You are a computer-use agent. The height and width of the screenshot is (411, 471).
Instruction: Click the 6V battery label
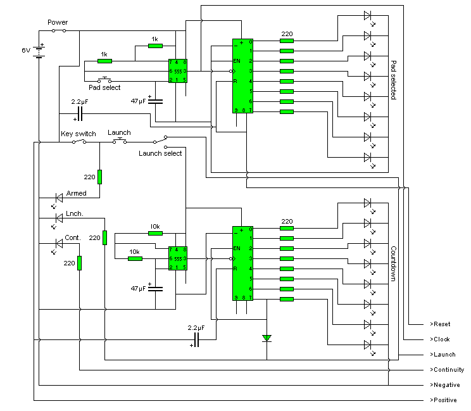coord(26,49)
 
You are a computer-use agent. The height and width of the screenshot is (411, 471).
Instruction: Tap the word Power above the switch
coord(58,22)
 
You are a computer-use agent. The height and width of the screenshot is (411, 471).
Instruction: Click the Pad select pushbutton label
coord(104,87)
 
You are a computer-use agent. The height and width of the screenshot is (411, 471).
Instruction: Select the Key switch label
coord(78,134)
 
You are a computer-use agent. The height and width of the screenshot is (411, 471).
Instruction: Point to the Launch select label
coord(160,153)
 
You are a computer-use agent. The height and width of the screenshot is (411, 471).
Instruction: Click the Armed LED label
coord(76,193)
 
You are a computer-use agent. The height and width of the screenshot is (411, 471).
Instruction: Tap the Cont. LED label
coord(73,237)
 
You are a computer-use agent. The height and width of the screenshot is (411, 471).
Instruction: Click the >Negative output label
coord(444,385)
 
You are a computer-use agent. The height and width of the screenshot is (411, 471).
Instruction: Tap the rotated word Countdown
coord(393,263)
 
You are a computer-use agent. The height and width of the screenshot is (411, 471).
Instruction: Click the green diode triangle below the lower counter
coord(267,338)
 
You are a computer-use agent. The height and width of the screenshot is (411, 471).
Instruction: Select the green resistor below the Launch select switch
coord(99,176)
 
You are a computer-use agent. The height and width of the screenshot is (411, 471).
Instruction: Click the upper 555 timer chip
coord(177,70)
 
